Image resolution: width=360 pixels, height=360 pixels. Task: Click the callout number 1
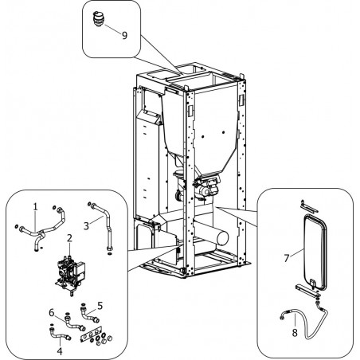click(35, 207)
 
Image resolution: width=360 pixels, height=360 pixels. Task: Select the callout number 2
click(69, 238)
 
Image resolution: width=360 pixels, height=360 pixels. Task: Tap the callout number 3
click(86, 226)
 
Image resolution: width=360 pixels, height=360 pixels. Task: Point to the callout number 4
click(60, 351)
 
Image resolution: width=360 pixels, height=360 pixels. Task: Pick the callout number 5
click(100, 306)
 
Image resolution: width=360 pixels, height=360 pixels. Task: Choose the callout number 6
click(52, 313)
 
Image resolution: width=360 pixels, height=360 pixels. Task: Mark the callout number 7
click(286, 258)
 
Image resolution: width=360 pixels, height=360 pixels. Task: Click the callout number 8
click(295, 333)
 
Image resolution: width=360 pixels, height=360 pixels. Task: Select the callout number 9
click(124, 35)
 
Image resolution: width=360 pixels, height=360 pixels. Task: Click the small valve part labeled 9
click(98, 19)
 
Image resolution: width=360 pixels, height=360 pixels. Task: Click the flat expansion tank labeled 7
click(315, 252)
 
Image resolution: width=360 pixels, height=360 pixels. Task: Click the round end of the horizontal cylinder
click(223, 238)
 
